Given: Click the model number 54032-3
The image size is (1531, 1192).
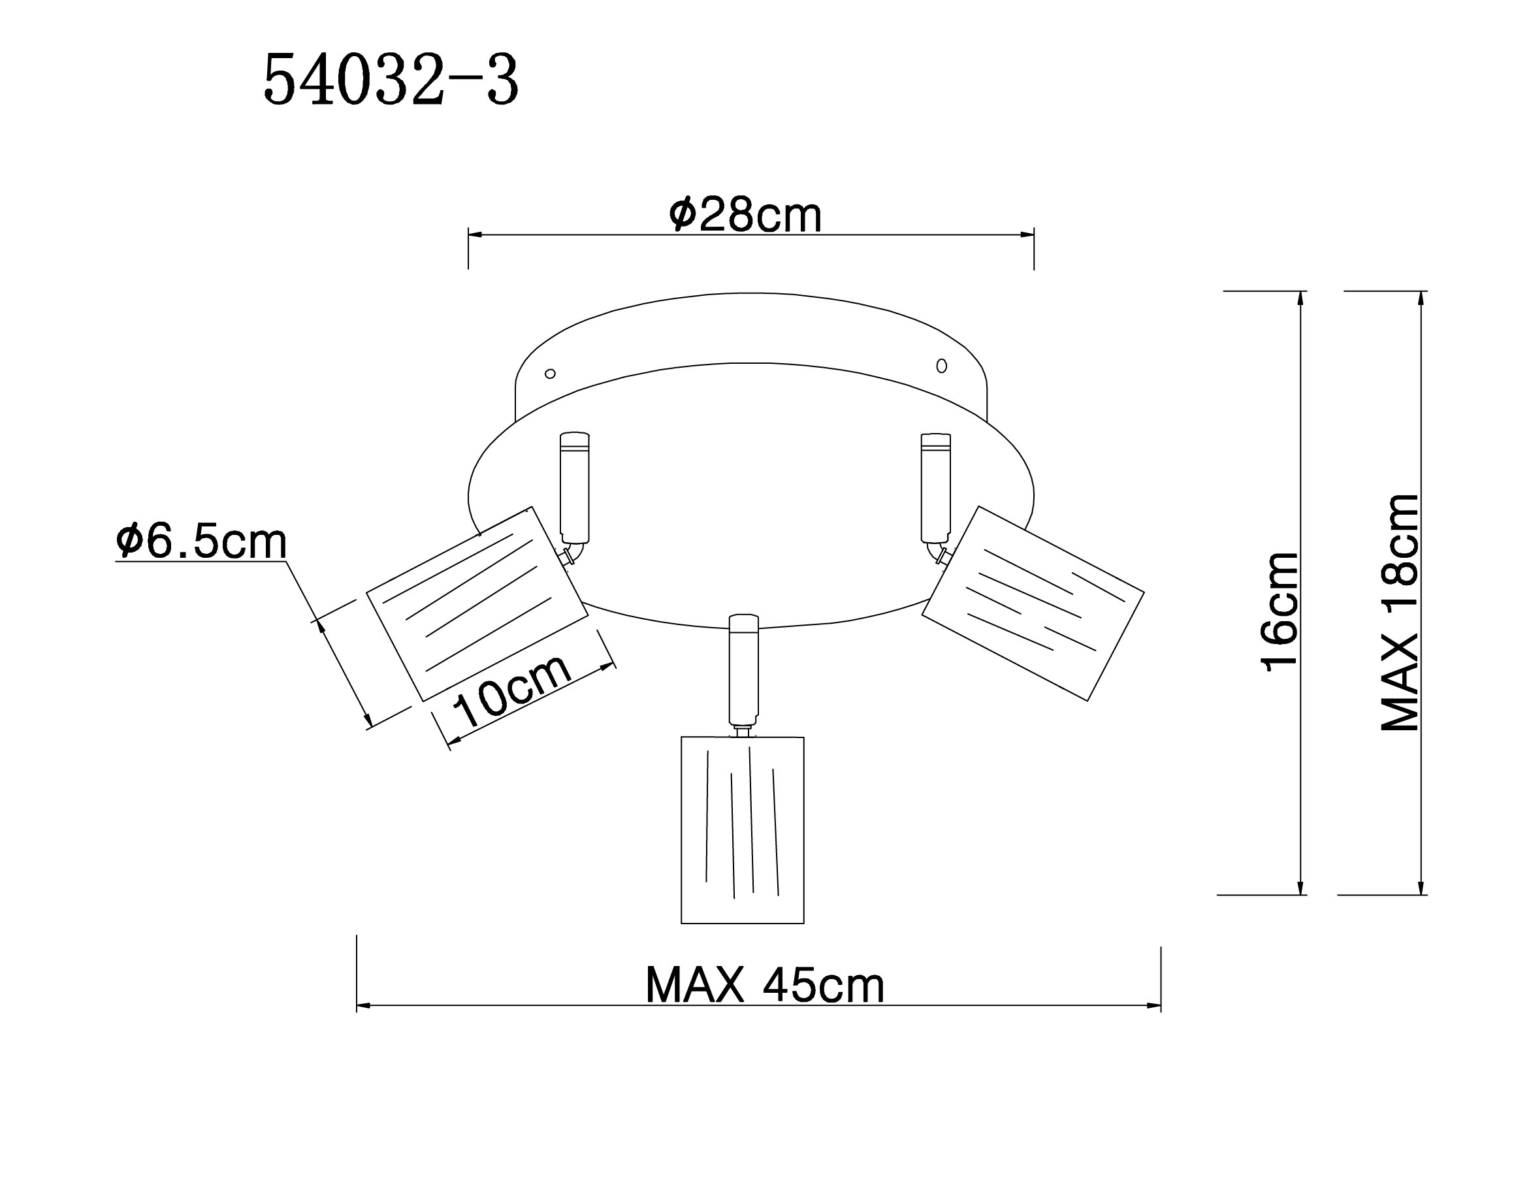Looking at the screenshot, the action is (x=391, y=80).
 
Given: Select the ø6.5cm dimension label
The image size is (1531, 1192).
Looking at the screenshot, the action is (x=202, y=541).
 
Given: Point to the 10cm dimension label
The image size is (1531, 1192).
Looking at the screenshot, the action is (x=511, y=690).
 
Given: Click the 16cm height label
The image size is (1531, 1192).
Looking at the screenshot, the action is (x=1280, y=611).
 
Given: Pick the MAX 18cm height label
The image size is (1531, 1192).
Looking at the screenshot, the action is (x=1400, y=613).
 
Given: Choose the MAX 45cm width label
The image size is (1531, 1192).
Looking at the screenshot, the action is (x=765, y=985).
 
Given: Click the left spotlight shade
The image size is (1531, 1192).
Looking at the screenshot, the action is (x=477, y=604).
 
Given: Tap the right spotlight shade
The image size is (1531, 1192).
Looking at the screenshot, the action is (x=1033, y=604).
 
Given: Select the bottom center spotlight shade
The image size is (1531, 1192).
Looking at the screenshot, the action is (x=743, y=830).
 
